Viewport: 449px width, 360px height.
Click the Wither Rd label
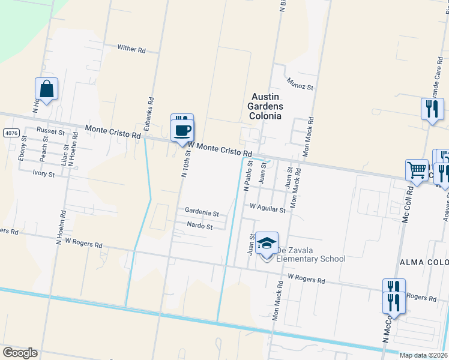131,50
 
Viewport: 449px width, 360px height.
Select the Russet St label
50,131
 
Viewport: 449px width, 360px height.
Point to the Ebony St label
23,148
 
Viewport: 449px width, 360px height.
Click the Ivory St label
44,174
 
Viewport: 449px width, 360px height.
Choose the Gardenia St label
202,213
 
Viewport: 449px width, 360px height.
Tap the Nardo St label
200,227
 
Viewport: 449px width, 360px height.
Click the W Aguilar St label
267,207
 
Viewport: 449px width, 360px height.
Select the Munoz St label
300,83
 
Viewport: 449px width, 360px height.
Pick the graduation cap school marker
267,243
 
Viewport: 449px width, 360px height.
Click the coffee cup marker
182,130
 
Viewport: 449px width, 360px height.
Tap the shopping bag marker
46,90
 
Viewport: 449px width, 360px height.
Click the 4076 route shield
10,132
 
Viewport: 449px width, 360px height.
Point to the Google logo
20,353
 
